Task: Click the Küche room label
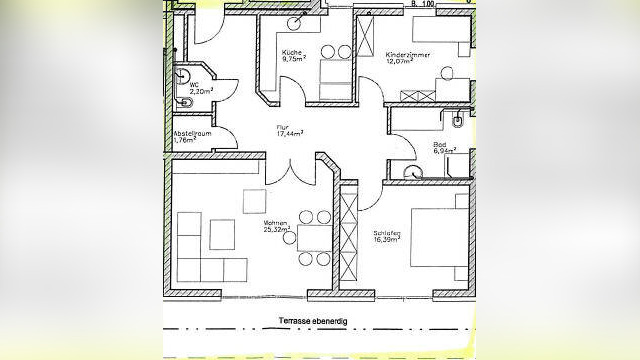click(292, 51)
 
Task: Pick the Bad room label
click(439, 145)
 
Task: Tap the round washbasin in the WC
click(183, 72)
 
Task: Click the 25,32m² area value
click(276, 231)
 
